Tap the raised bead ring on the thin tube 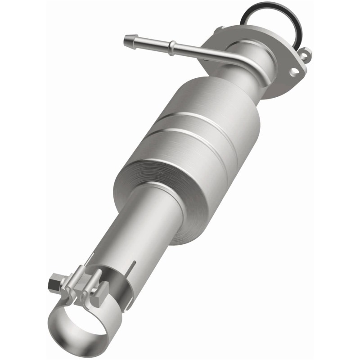173,45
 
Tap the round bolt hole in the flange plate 295,71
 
